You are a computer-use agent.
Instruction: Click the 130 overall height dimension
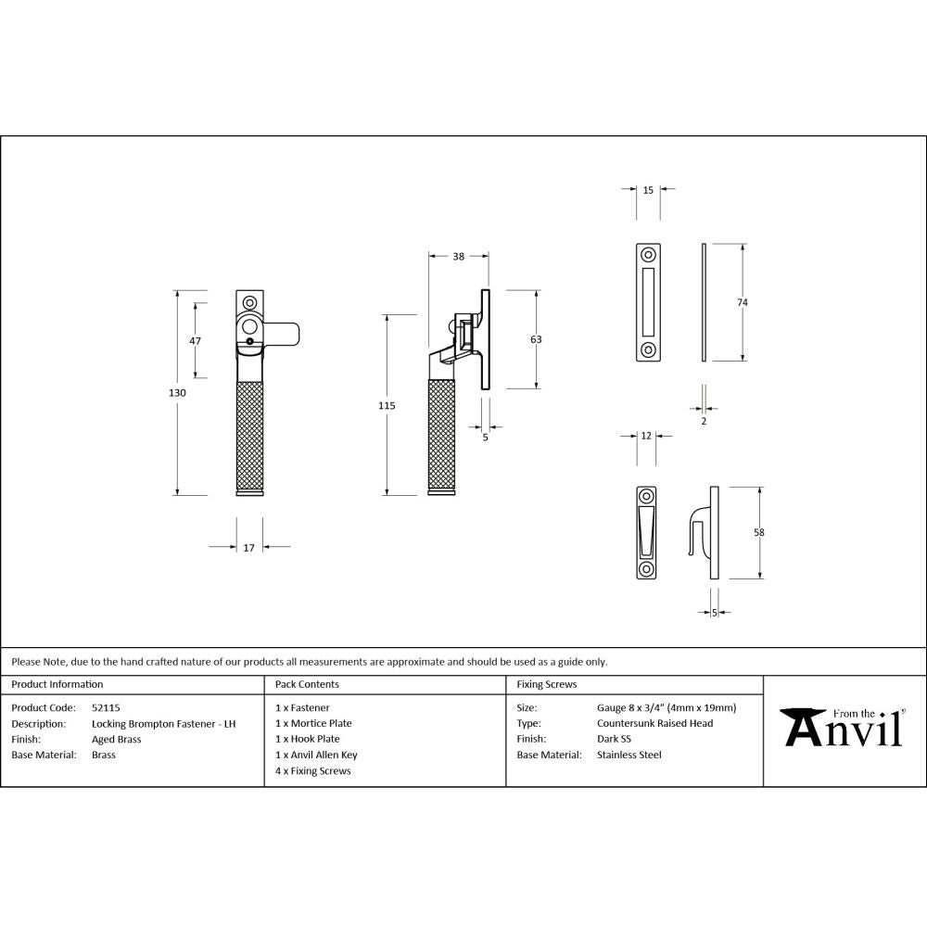click(x=178, y=393)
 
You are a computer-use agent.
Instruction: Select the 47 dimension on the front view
click(x=196, y=340)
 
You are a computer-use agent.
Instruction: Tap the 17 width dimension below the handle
click(x=248, y=548)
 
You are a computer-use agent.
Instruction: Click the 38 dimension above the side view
click(x=458, y=257)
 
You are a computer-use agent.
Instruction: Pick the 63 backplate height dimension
click(x=536, y=339)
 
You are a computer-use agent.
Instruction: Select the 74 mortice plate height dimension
click(x=743, y=302)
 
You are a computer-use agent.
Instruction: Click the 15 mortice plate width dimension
click(x=648, y=190)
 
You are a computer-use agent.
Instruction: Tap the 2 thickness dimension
click(x=704, y=421)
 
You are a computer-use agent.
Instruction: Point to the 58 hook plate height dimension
click(x=759, y=532)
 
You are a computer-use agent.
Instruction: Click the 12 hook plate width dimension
click(x=646, y=435)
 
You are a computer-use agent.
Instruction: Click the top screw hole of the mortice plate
click(x=648, y=254)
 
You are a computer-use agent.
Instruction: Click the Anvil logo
click(x=842, y=728)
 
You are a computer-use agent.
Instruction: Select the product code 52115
click(x=106, y=707)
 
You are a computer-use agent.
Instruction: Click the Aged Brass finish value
click(x=117, y=739)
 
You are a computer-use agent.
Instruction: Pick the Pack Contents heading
click(x=307, y=684)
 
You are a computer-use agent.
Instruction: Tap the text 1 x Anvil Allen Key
click(x=316, y=755)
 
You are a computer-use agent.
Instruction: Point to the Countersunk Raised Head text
click(x=654, y=723)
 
